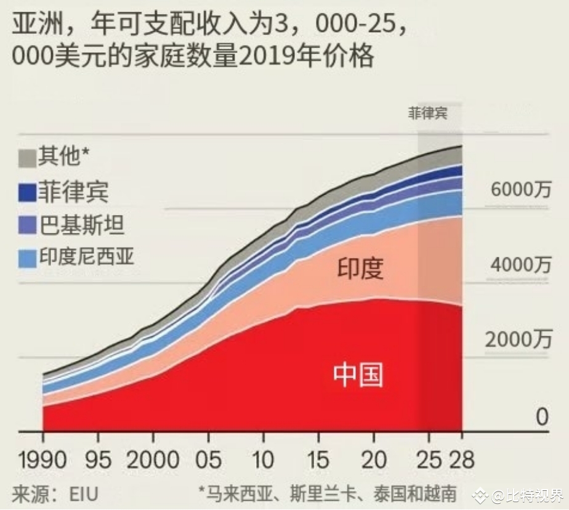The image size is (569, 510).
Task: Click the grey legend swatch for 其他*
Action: [x=26, y=158]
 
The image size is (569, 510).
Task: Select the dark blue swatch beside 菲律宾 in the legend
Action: [x=26, y=192]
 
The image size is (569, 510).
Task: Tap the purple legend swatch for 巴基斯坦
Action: [x=26, y=226]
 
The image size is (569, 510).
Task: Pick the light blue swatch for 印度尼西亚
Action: [x=26, y=258]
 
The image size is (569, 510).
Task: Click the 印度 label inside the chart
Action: [x=360, y=269]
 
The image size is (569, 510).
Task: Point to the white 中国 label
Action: [x=358, y=374]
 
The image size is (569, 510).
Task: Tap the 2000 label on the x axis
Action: [x=152, y=459]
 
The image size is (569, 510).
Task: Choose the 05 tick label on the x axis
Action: [x=208, y=459]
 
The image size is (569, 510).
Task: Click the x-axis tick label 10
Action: [x=263, y=459]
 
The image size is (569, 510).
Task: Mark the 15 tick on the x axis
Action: [x=318, y=459]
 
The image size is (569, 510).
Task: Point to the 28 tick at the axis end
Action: [x=462, y=459]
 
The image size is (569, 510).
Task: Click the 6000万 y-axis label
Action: [x=520, y=190]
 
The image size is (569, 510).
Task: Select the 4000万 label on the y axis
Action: [x=520, y=265]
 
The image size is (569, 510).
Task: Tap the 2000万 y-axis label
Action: [x=520, y=339]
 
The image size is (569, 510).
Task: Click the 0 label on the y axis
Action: [x=541, y=418]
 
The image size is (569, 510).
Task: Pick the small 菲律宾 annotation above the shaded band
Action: [x=427, y=114]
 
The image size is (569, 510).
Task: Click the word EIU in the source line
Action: [x=83, y=493]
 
